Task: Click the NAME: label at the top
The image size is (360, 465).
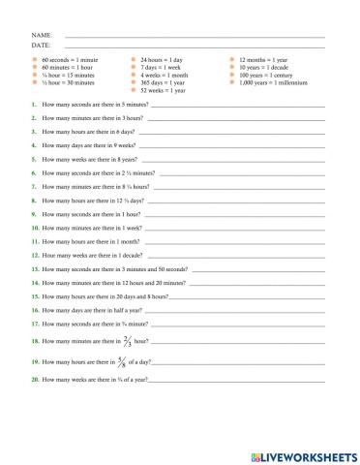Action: click(42, 35)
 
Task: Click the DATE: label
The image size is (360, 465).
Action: click(41, 46)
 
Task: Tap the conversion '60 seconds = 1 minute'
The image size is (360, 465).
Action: click(69, 60)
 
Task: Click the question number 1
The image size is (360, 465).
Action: click(35, 103)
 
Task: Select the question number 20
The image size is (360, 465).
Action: click(35, 380)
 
